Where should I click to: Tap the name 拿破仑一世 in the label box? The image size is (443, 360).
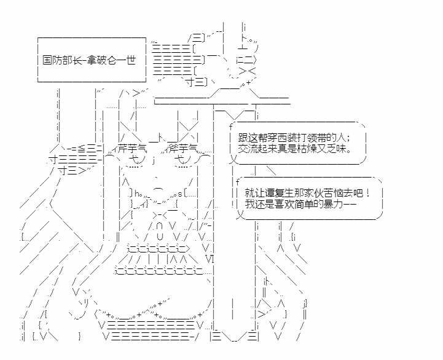coord(111,60)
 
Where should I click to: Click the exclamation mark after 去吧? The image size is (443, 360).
coord(367,194)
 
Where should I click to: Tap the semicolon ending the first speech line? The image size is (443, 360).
coord(350,139)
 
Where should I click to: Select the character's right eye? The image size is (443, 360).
coord(183,160)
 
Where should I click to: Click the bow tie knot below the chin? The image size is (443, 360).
coord(160,215)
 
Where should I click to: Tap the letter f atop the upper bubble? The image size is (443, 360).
coord(231,127)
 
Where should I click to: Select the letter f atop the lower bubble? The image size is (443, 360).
coord(237,182)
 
